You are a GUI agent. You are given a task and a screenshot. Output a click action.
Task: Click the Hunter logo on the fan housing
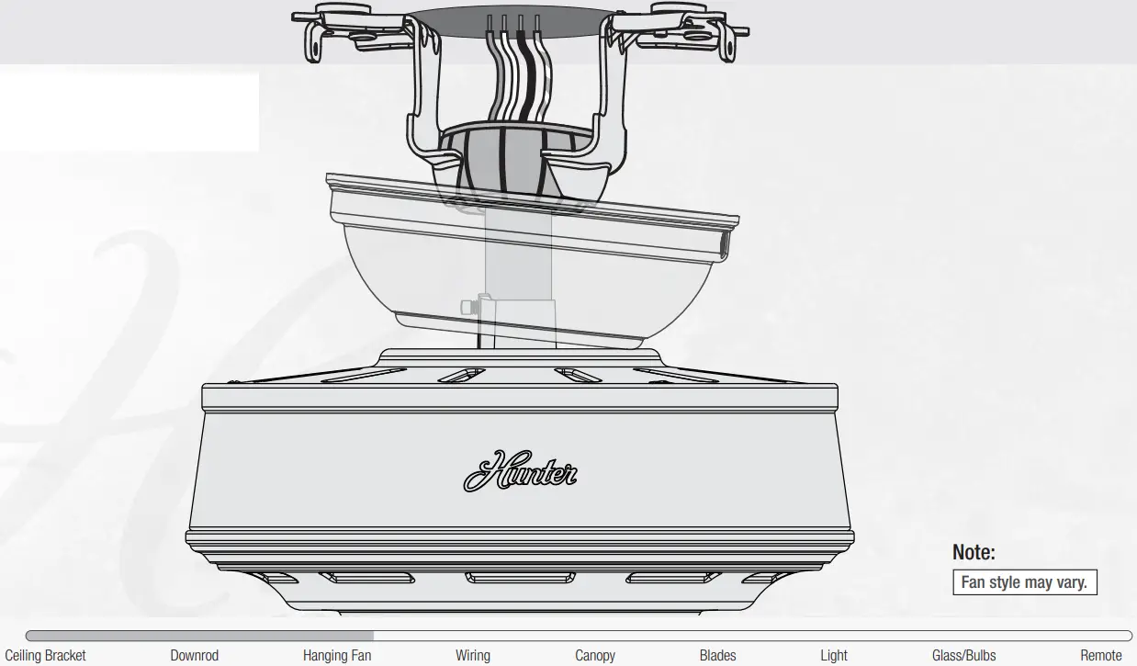[x=520, y=471]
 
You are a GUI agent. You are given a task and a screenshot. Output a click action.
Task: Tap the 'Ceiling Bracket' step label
[x=45, y=655]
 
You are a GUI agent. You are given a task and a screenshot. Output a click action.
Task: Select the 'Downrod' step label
[x=195, y=655]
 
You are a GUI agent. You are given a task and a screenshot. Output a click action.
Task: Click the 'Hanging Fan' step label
[x=337, y=655]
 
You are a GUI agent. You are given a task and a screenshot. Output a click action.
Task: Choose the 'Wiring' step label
[x=473, y=655]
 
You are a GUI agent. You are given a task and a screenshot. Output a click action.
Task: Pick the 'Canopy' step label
[x=595, y=655]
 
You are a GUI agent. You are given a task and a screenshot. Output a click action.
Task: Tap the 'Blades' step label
[x=717, y=655]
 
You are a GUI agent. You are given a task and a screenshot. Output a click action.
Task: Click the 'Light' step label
[x=834, y=655]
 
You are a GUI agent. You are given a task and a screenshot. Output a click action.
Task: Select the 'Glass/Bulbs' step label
[x=963, y=655]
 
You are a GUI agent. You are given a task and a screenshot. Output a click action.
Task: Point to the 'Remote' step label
[x=1101, y=655]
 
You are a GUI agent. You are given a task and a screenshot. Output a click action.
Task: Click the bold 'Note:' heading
[x=974, y=552]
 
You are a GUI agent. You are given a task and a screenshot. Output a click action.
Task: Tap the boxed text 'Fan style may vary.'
[x=1024, y=582]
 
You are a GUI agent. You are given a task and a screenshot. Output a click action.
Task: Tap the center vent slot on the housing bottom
[x=519, y=578]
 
